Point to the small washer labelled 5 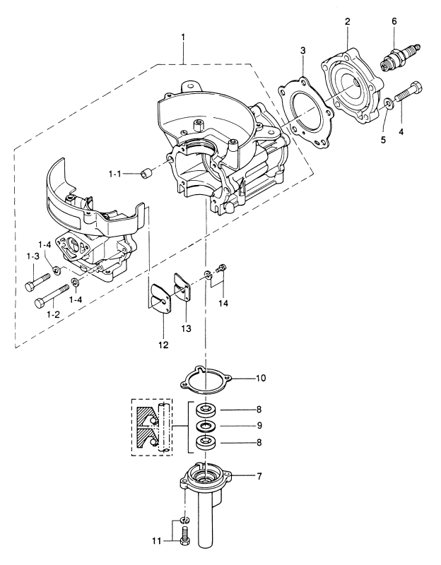389,105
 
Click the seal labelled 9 207,427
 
